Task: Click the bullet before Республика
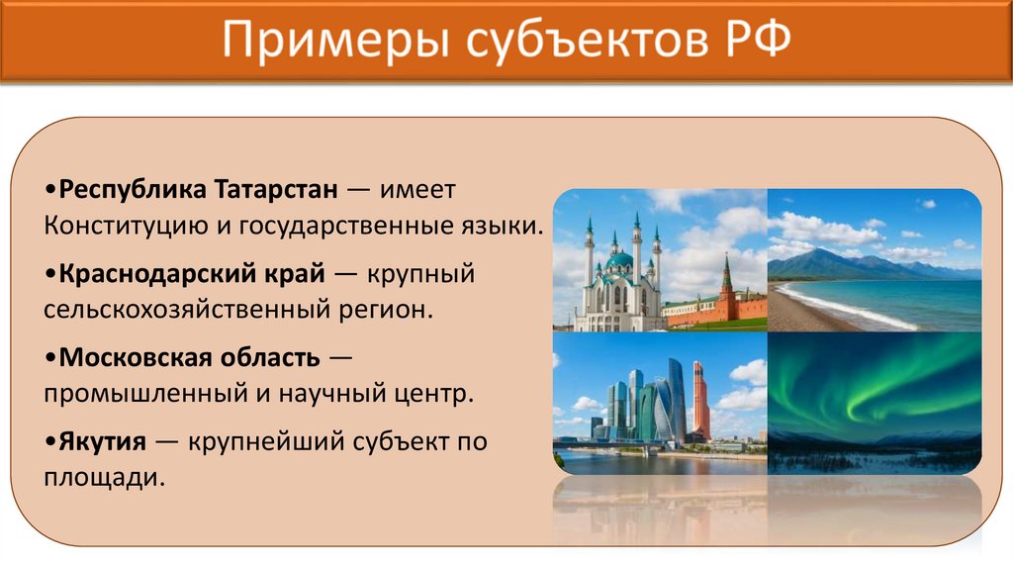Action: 49,189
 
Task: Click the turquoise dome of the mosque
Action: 619,260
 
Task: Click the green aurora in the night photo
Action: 871,381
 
